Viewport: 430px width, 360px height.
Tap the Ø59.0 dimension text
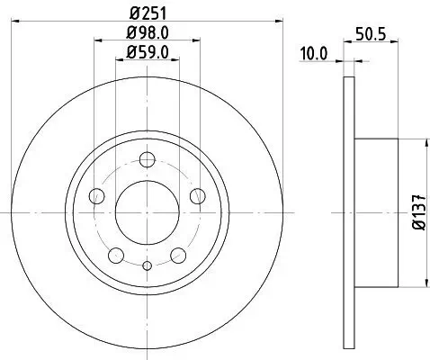[147, 51]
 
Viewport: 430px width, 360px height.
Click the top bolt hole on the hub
[147, 161]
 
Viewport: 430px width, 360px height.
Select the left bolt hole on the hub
[97, 196]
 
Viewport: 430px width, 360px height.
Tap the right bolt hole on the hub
[197, 196]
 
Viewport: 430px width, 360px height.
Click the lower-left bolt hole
[116, 256]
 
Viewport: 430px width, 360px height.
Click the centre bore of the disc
[147, 212]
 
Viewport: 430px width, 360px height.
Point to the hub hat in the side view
[377, 212]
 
